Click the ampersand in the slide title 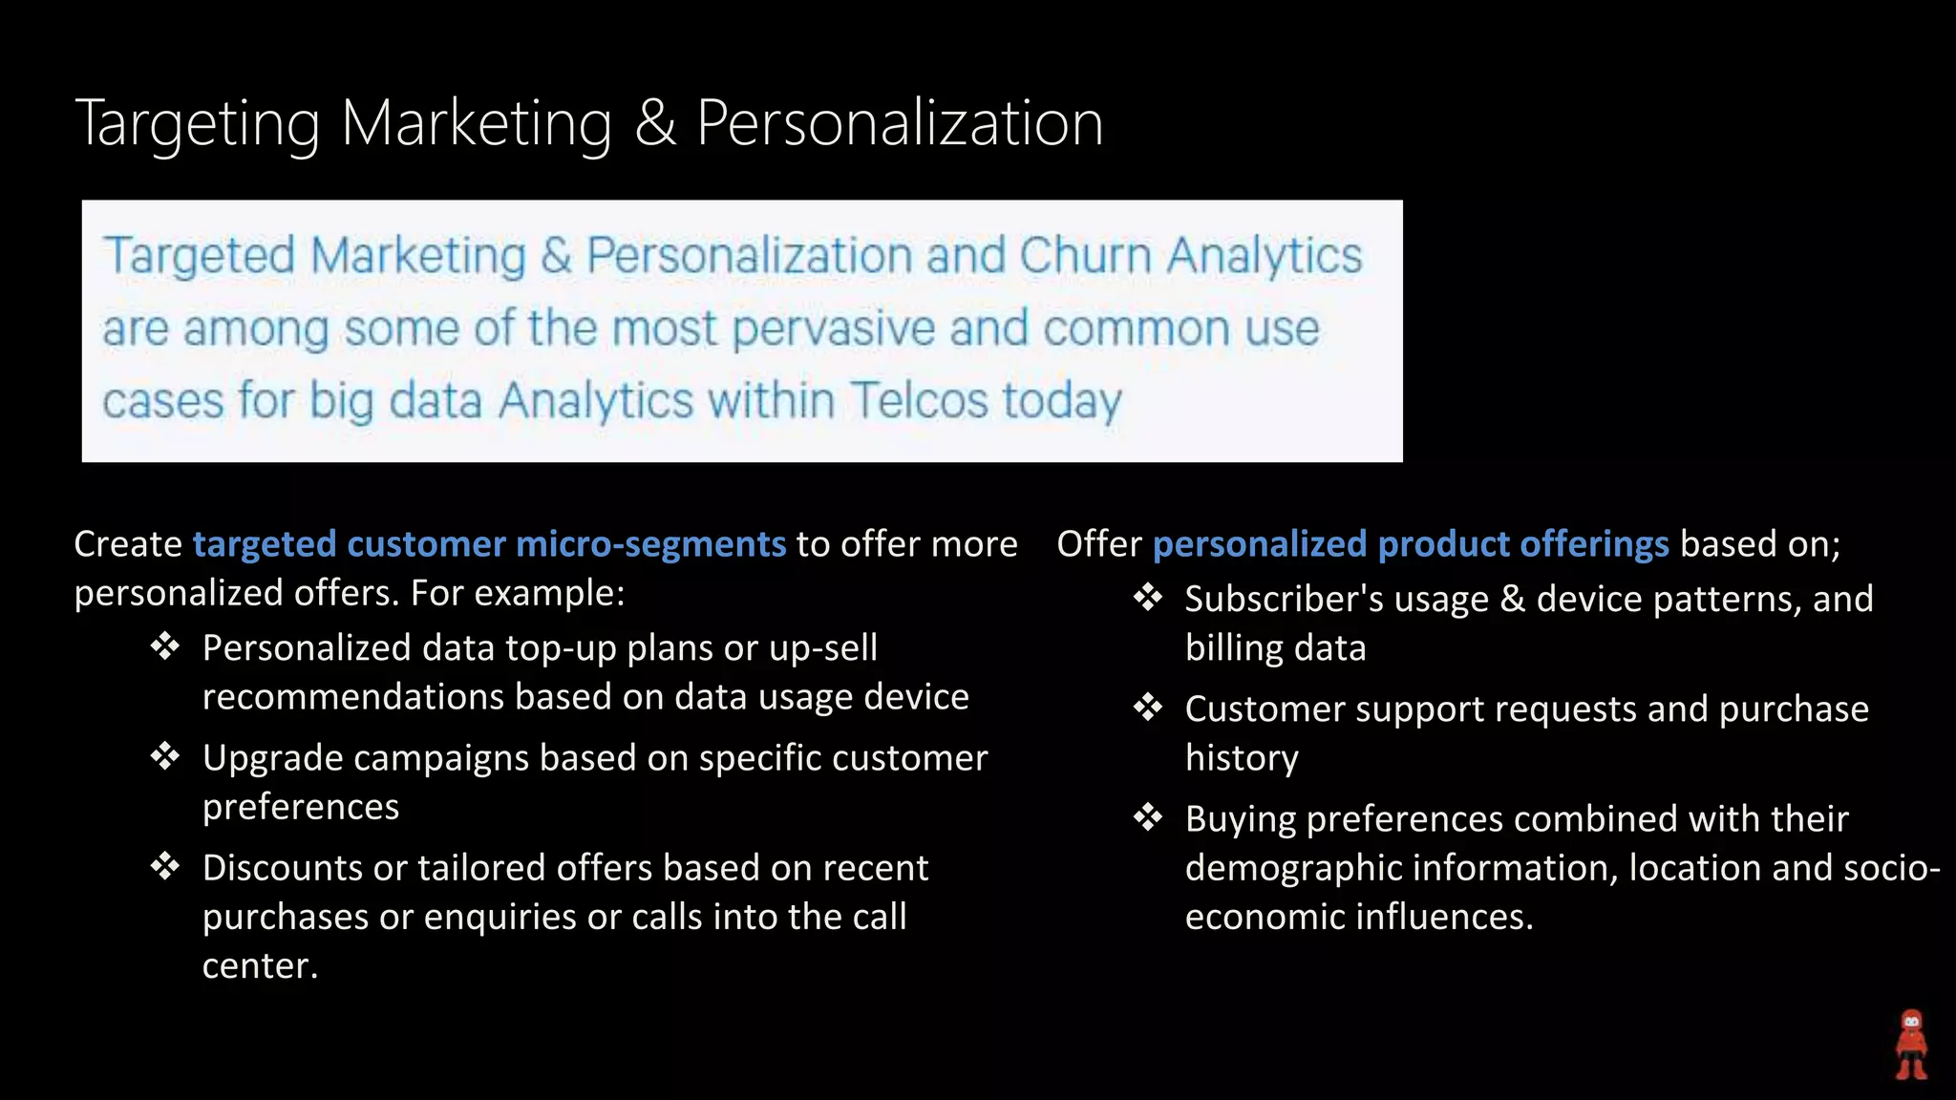pyautogui.click(x=655, y=124)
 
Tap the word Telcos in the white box pyautogui.click(x=919, y=400)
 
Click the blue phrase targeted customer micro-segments pyautogui.click(x=489, y=544)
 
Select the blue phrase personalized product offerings pyautogui.click(x=1411, y=544)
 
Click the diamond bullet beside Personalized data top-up pyautogui.click(x=165, y=647)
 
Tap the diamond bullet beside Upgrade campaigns pyautogui.click(x=165, y=757)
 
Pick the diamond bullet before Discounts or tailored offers pyautogui.click(x=165, y=867)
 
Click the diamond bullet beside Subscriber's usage pyautogui.click(x=1148, y=599)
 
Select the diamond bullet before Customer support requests pyautogui.click(x=1148, y=709)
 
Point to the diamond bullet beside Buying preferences pyautogui.click(x=1148, y=818)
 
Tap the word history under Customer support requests pyautogui.click(x=1242, y=758)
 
